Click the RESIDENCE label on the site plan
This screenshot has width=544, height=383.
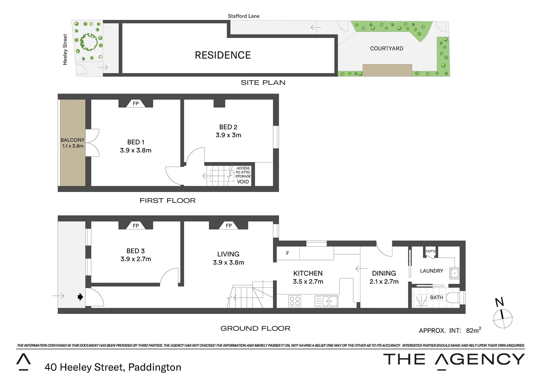223,55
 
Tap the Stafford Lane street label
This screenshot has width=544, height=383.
244,16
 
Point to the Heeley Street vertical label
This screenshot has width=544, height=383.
65,49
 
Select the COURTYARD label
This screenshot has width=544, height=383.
386,49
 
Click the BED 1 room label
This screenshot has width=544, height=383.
136,142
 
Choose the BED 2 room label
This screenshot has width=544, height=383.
228,127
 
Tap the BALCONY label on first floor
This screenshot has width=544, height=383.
72,140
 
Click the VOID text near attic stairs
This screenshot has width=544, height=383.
243,182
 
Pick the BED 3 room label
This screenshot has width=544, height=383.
136,251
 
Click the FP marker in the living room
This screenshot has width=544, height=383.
229,226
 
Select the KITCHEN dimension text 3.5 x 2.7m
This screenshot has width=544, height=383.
308,282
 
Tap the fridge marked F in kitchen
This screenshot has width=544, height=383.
288,253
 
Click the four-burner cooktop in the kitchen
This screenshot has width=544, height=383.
295,301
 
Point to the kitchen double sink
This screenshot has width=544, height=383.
326,301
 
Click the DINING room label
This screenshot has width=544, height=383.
384,273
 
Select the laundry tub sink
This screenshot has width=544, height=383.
455,273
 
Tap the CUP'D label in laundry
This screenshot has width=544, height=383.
430,251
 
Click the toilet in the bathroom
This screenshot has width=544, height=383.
453,298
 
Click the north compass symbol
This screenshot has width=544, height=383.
502,317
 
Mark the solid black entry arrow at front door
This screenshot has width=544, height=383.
81,297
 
